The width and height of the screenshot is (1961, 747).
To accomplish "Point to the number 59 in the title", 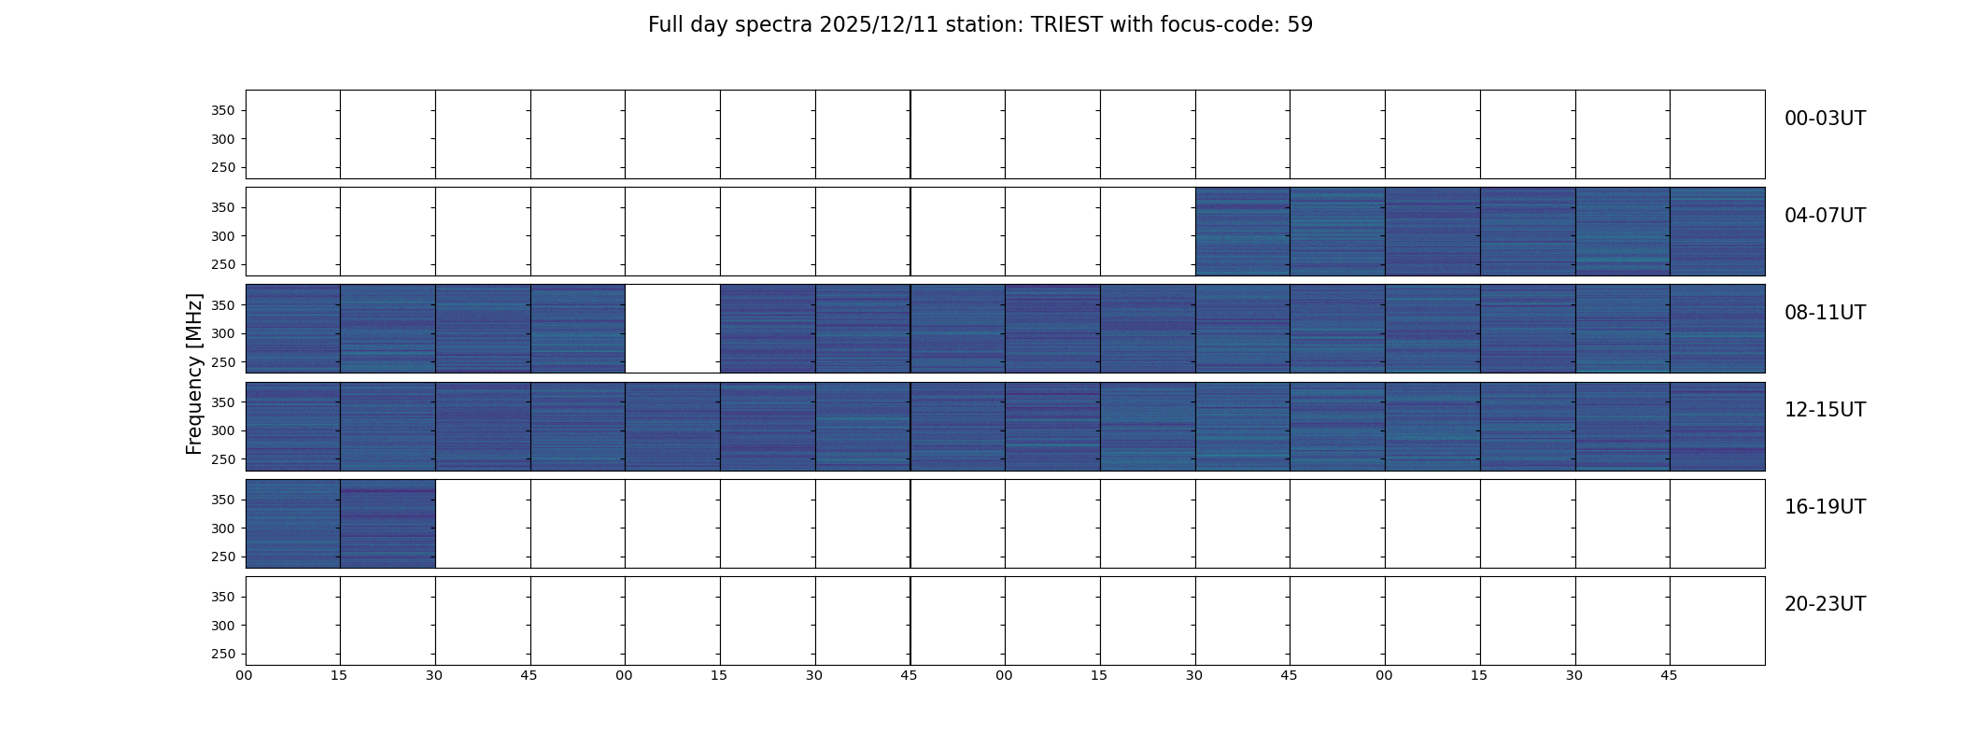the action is pos(1300,25).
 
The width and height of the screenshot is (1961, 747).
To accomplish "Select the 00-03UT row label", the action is pos(1825,119).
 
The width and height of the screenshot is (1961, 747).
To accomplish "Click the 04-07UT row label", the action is pos(1825,216).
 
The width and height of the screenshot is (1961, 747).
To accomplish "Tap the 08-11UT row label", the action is pos(1825,313).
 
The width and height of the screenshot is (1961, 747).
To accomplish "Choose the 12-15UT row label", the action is pos(1825,410).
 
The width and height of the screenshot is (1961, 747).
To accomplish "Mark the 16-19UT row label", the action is pos(1825,507).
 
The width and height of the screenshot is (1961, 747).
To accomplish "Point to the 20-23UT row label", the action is pos(1825,604).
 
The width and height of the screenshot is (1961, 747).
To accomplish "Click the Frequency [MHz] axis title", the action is pos(194,373).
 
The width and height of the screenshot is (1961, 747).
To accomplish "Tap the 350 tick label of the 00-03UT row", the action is pos(222,110).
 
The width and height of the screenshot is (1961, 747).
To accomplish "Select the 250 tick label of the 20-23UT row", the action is pos(222,654).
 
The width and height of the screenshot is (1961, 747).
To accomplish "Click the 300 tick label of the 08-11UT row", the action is pos(222,333).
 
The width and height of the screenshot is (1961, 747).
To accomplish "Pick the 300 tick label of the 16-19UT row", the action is pos(222,529).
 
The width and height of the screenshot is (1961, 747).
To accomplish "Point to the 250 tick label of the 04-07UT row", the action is pos(222,264).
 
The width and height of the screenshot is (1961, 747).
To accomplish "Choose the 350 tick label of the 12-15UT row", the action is pos(222,402).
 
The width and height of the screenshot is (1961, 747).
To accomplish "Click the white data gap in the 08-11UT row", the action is pos(672,329).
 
